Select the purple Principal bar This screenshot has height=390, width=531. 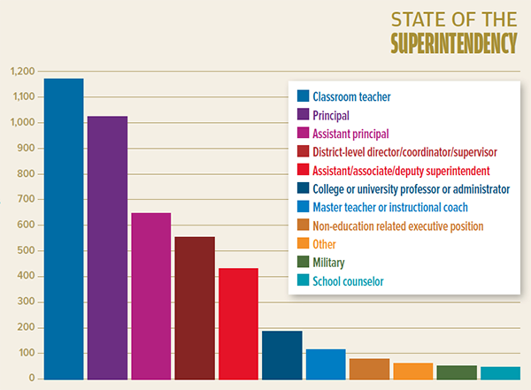click(x=107, y=247)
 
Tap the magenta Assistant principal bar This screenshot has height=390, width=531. click(x=150, y=295)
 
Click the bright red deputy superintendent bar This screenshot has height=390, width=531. click(x=238, y=323)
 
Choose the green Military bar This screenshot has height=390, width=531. click(x=457, y=371)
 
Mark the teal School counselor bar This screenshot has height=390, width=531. click(x=500, y=372)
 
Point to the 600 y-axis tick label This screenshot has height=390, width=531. click(x=25, y=226)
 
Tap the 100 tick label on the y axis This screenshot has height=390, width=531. click(x=25, y=354)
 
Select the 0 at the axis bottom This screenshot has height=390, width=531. click(x=30, y=379)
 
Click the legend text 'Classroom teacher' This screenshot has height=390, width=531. click(x=351, y=96)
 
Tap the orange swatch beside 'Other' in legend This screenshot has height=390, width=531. click(x=302, y=245)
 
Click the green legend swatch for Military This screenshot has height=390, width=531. click(x=302, y=264)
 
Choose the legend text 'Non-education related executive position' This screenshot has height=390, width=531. click(x=398, y=226)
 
